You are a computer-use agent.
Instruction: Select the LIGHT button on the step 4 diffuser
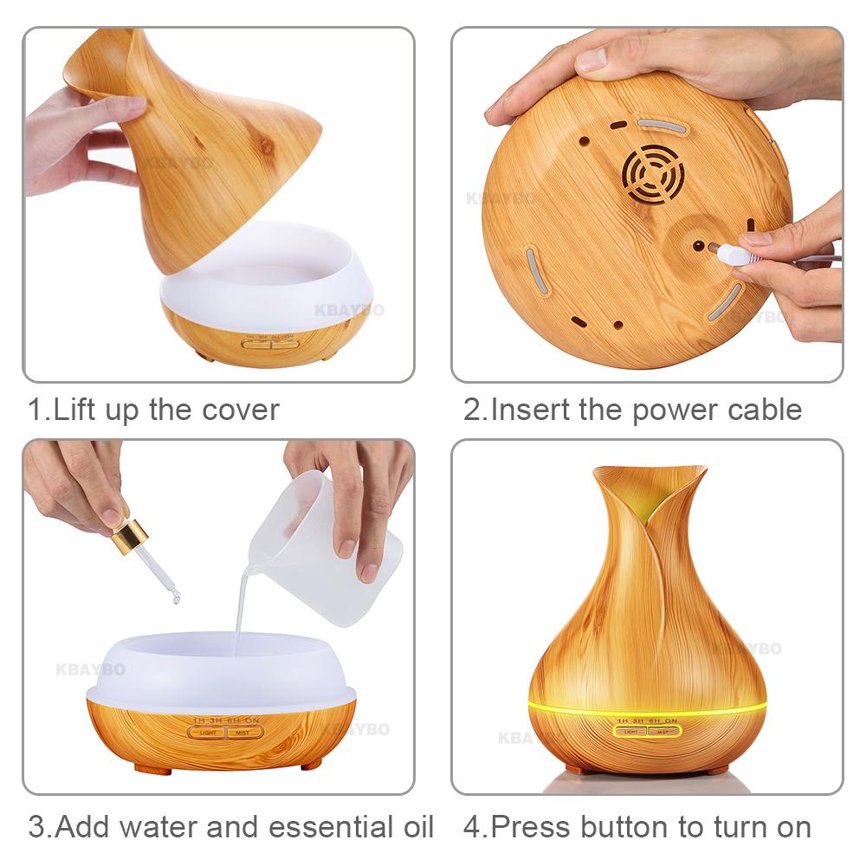pyautogui.click(x=630, y=731)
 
